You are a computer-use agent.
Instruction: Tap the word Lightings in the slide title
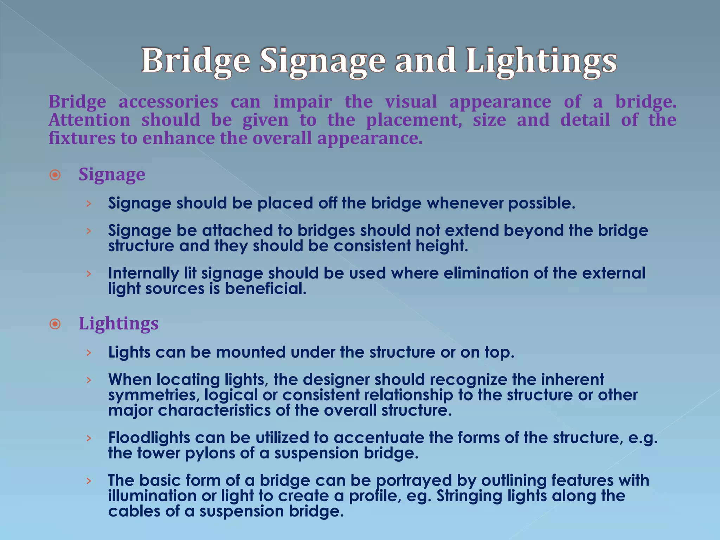[541, 61]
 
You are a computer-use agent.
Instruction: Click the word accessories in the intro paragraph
[168, 102]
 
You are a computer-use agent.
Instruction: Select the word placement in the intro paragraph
[414, 120]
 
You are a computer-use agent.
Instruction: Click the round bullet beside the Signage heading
[55, 175]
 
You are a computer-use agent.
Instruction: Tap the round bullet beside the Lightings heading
[55, 324]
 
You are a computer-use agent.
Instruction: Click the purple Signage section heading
[112, 174]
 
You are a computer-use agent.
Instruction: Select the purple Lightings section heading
[118, 323]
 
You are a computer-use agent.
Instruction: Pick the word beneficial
[265, 289]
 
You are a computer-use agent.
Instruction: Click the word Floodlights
[149, 438]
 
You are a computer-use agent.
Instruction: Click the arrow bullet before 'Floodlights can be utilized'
[89, 438]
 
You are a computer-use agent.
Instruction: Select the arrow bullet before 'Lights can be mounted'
[89, 353]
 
